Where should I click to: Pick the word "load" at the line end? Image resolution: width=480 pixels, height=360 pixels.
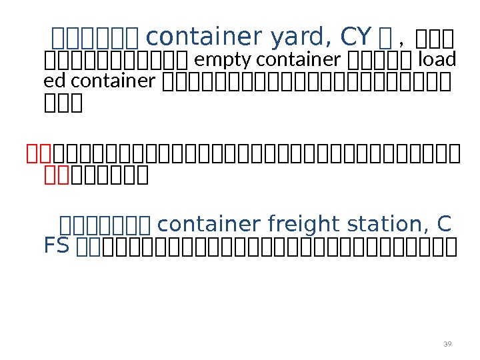click(x=437, y=61)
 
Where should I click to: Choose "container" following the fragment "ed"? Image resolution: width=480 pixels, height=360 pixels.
click(x=113, y=81)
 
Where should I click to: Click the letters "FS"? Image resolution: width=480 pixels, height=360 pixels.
click(x=57, y=246)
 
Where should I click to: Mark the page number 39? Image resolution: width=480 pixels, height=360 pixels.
click(x=447, y=344)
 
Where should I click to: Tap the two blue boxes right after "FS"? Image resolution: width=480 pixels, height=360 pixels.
click(x=89, y=247)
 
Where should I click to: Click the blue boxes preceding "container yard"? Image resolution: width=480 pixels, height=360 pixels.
click(x=95, y=35)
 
